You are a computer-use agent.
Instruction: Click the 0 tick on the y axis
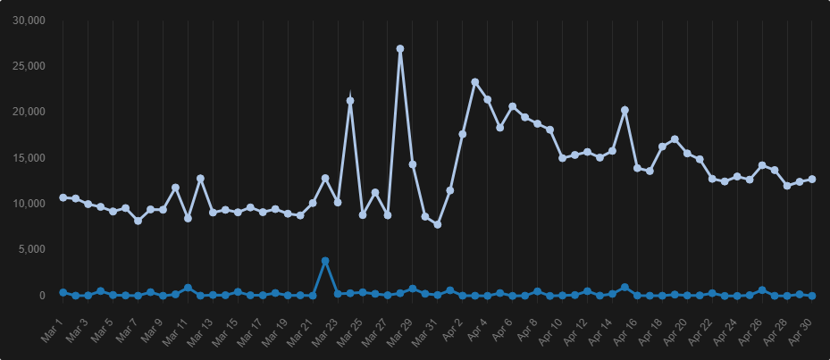41,296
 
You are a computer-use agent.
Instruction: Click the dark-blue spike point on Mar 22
325,261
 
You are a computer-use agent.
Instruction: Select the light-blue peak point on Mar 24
350,101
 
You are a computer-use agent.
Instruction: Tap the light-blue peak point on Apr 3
475,82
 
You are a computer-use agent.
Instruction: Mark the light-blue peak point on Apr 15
625,110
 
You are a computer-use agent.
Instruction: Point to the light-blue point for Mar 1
63,197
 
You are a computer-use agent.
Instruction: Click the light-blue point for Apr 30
812,180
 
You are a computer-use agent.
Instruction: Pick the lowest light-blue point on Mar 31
438,224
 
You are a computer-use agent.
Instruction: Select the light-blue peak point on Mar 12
201,179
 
